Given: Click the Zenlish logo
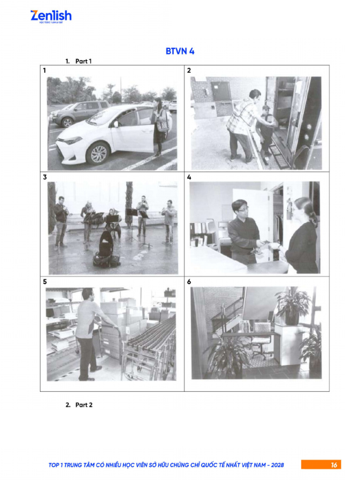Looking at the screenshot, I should [x=51, y=17].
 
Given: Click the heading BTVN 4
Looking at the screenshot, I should [x=180, y=51].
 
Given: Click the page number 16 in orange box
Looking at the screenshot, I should [x=334, y=465].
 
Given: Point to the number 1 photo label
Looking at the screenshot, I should [x=45, y=71].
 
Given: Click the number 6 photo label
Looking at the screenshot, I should [x=189, y=282].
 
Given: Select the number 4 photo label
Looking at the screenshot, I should [x=189, y=177].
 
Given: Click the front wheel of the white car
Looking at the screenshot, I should [x=99, y=153].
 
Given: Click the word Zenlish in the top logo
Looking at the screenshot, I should [x=51, y=15].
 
